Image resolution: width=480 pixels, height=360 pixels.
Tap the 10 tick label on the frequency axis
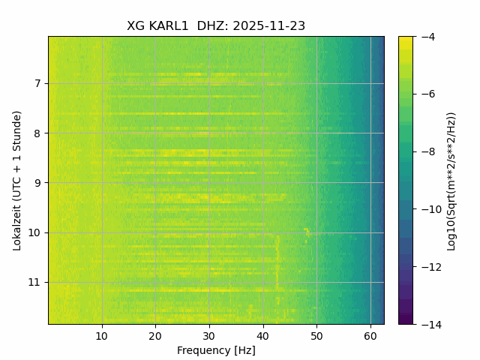click(x=102, y=335)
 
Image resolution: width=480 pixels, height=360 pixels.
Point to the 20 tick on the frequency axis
click(x=155, y=335)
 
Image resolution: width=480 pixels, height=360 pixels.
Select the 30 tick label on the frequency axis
click(x=209, y=335)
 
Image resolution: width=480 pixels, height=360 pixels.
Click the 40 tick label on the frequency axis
click(x=262, y=335)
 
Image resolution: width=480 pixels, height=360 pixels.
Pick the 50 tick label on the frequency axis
click(x=316, y=335)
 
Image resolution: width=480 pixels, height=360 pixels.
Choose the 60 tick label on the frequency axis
click(x=370, y=335)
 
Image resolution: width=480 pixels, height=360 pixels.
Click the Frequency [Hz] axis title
click(x=216, y=350)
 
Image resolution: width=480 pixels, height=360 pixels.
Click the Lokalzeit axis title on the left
click(x=16, y=180)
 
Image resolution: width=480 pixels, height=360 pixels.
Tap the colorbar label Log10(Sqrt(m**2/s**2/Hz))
click(x=451, y=180)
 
